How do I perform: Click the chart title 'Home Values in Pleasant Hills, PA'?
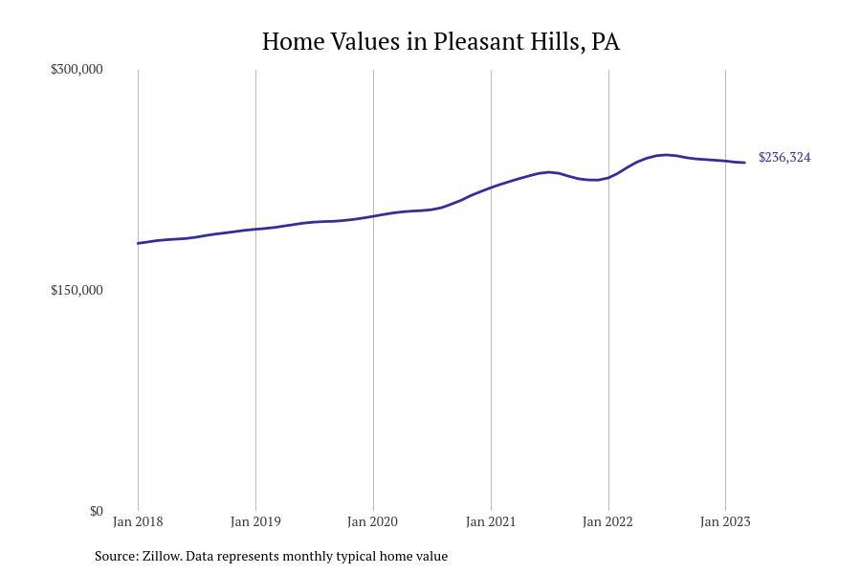point(440,42)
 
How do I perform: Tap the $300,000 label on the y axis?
point(77,69)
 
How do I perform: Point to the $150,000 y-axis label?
point(77,290)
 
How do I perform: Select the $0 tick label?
point(96,511)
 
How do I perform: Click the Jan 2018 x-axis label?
point(138,521)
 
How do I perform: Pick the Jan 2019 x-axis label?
point(255,521)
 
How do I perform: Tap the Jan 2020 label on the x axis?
point(373,521)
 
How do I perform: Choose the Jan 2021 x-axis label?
point(491,521)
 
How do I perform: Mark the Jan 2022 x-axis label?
point(608,521)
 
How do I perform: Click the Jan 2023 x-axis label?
point(725,521)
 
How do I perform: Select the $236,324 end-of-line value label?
point(784,157)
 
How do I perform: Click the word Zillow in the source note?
point(162,556)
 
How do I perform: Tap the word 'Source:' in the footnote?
point(116,556)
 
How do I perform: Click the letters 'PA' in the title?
point(606,42)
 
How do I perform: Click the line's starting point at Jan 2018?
point(138,243)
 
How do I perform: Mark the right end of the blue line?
point(744,163)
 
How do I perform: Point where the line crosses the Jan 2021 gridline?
point(491,188)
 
